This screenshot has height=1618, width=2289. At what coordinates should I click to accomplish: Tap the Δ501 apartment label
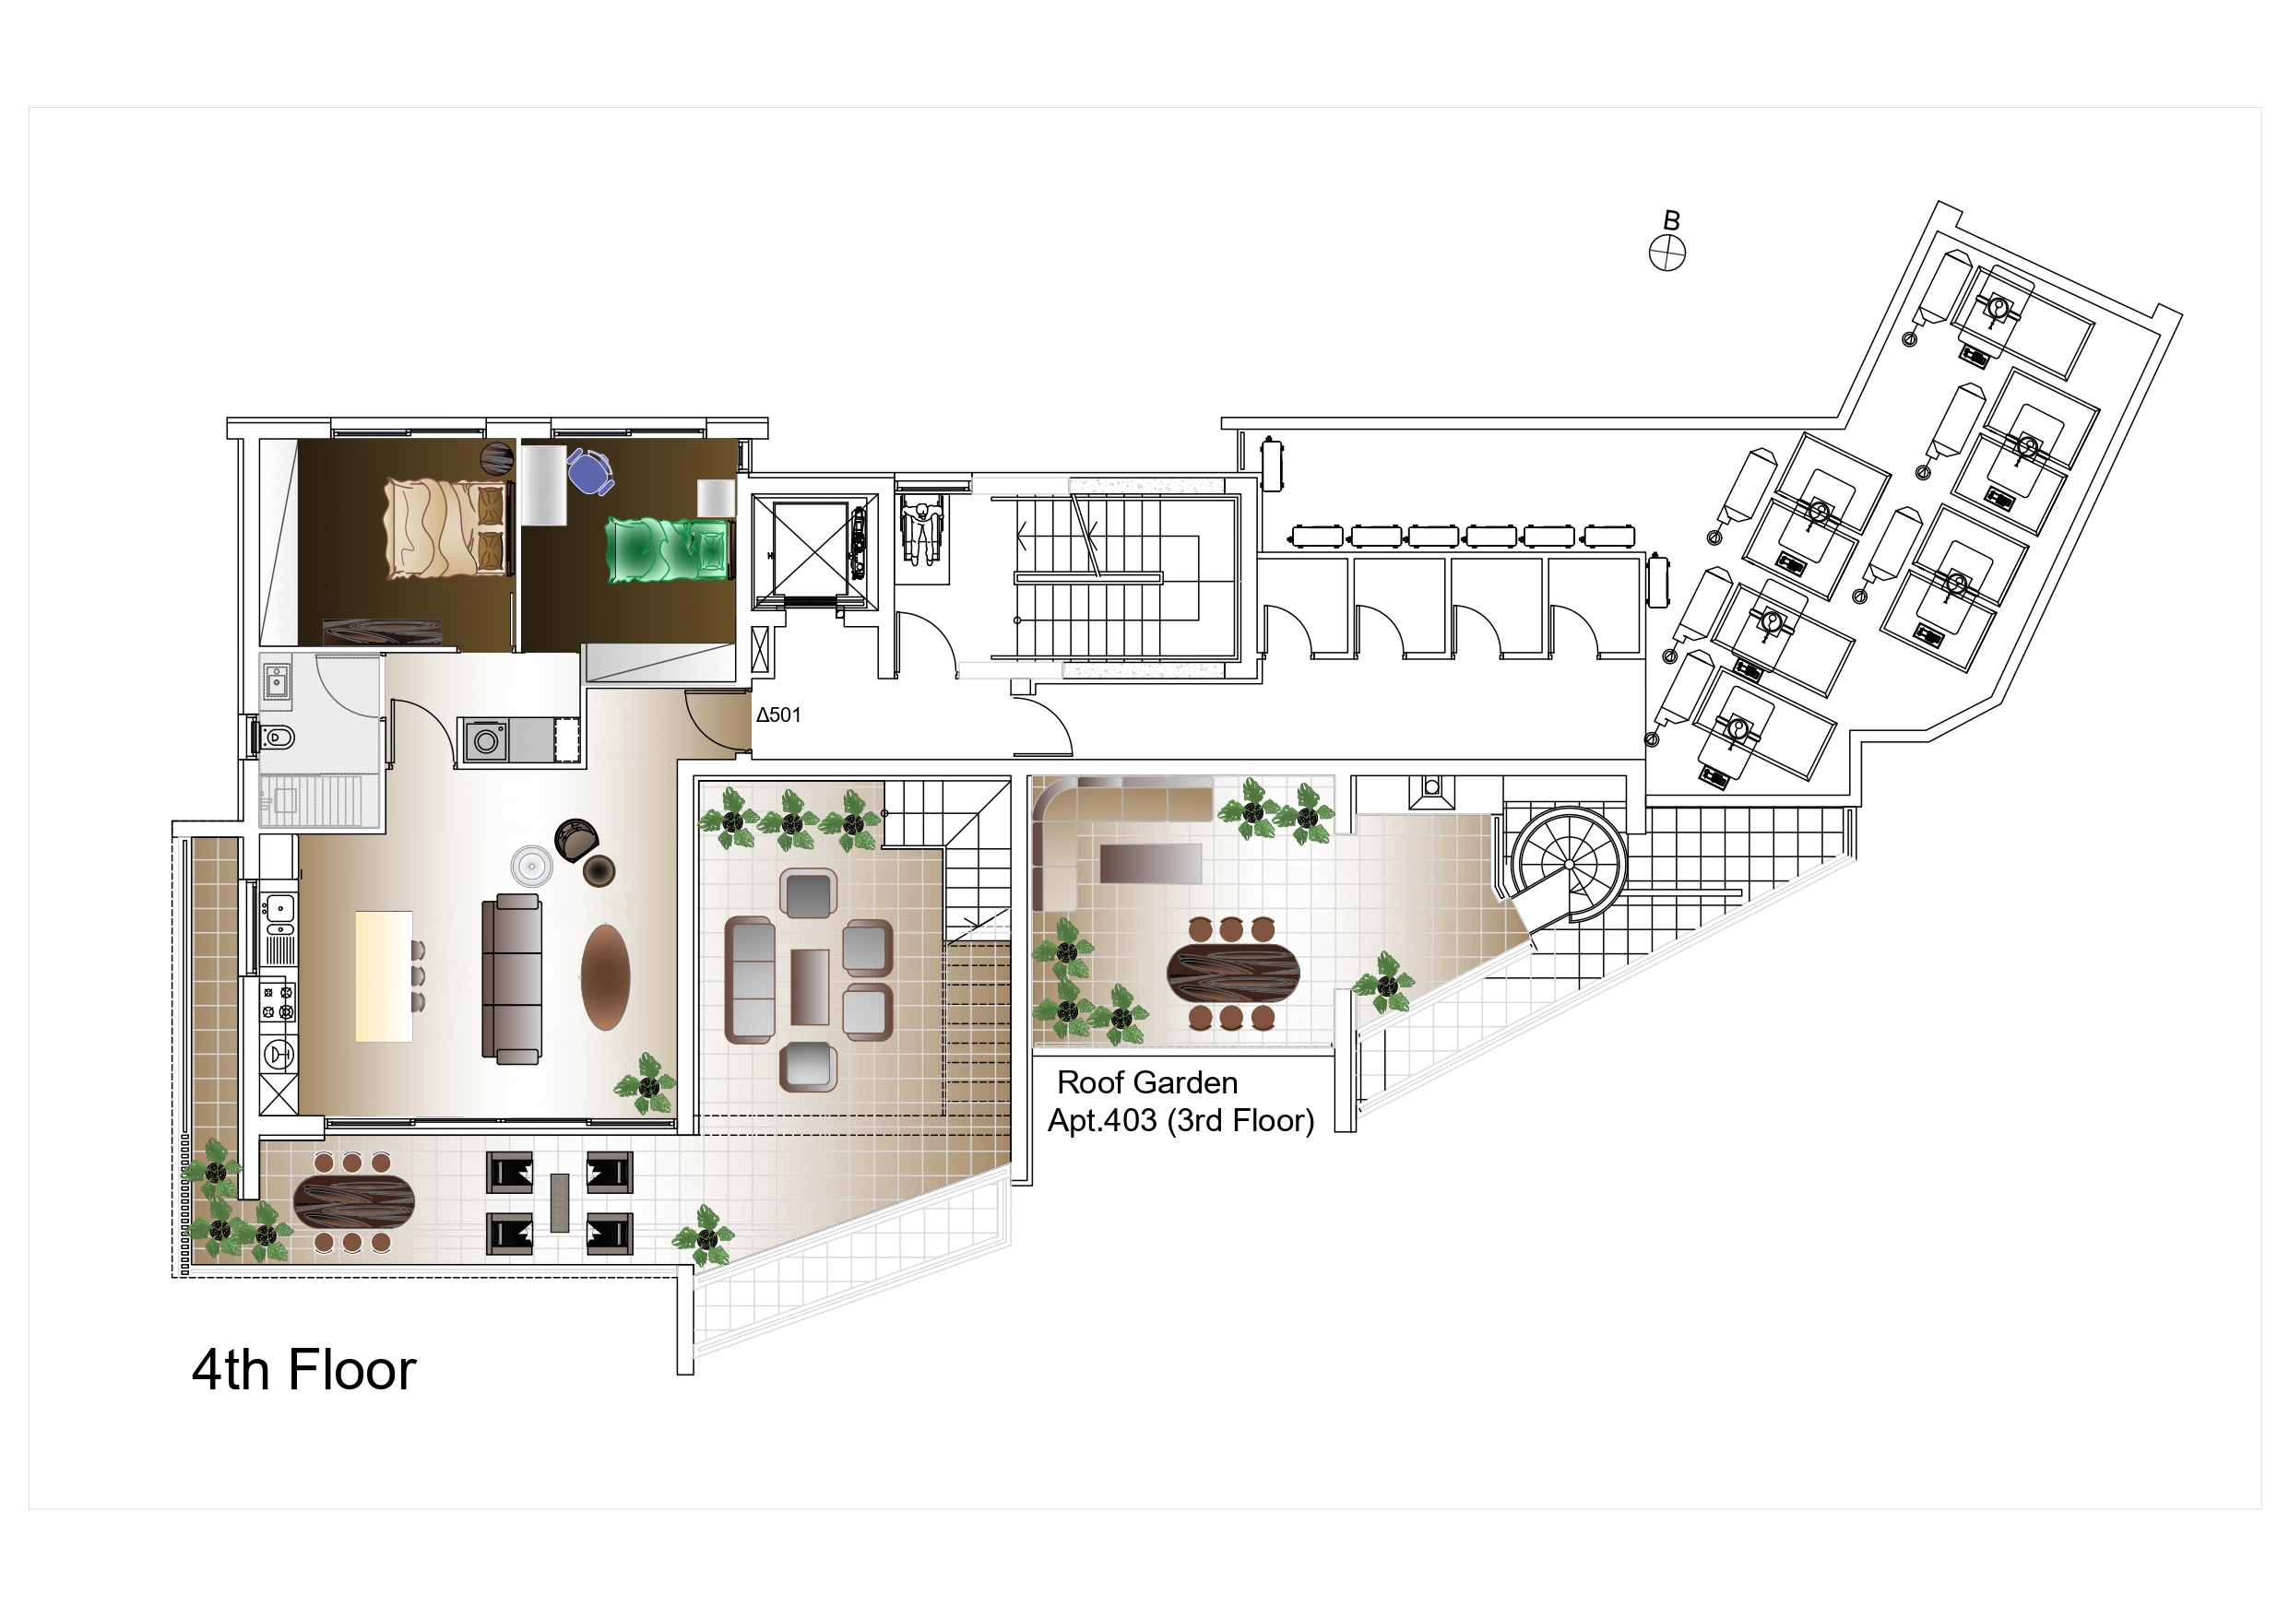click(778, 715)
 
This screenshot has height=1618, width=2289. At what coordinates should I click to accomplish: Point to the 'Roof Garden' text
click(1147, 1081)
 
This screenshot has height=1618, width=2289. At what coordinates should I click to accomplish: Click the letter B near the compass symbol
click(1672, 220)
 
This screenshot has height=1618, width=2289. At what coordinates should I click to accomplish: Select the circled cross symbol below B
click(1666, 254)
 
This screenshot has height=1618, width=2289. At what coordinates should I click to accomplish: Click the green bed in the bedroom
click(669, 548)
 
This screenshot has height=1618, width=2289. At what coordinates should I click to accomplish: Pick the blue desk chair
click(591, 470)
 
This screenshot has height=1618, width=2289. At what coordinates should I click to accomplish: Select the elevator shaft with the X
click(812, 551)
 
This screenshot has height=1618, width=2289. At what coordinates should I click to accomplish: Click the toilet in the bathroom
click(278, 738)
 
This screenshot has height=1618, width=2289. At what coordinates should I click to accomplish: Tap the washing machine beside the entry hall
click(488, 740)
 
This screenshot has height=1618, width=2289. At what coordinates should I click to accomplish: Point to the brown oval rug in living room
click(605, 977)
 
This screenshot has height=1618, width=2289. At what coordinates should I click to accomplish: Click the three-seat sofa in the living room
click(513, 975)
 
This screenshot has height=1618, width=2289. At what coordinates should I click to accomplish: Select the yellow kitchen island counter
click(384, 976)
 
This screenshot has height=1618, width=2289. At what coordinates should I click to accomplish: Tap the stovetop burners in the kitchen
click(279, 1003)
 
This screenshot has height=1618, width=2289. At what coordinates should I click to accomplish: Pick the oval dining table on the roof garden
click(1233, 972)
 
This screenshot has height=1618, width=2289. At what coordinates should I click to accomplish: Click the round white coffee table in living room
click(531, 866)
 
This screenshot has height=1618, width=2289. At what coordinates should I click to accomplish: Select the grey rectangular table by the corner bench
click(1150, 863)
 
